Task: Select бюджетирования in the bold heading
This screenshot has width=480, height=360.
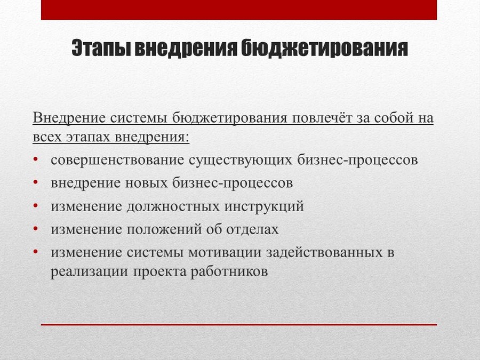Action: coord(324,48)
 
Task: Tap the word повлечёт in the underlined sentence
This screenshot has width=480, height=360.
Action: coord(322,118)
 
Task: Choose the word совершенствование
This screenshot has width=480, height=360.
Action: coord(117,160)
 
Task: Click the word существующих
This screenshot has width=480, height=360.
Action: coord(241,161)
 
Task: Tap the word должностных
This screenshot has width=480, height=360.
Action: coord(173,206)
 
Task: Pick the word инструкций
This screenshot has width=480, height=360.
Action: coord(264,206)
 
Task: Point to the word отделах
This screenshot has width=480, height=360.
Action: coord(253,229)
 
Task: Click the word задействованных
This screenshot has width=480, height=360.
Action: coord(324,252)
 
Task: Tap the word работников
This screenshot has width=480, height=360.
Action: coord(229,272)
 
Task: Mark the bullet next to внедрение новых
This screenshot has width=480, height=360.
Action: coord(36,182)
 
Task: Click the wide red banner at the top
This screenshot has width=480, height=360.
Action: coord(239,10)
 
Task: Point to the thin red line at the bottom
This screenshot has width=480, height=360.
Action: coord(239,324)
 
